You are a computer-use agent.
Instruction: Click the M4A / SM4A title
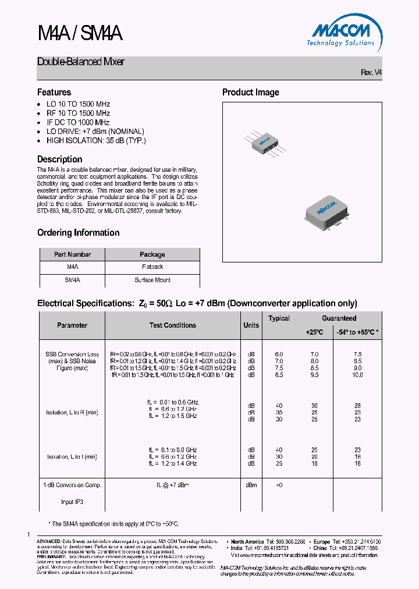(80, 34)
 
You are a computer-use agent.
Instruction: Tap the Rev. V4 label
(371, 73)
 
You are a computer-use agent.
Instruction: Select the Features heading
(54, 93)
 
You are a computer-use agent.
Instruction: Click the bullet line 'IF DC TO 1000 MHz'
(78, 122)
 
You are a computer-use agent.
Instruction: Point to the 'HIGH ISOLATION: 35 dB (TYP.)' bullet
(96, 141)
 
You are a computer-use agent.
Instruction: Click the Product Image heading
(250, 93)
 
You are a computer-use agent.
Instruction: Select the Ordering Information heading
(78, 233)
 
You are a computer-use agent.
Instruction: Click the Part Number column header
(72, 254)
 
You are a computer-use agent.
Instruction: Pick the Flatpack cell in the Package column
(152, 267)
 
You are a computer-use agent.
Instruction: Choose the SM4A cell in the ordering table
(72, 280)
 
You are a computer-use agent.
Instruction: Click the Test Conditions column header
(172, 325)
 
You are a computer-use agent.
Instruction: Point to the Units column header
(251, 325)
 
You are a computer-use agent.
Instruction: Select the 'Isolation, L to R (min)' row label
(72, 413)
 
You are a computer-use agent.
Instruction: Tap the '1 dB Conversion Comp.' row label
(72, 485)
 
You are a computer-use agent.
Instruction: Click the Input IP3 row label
(72, 502)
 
